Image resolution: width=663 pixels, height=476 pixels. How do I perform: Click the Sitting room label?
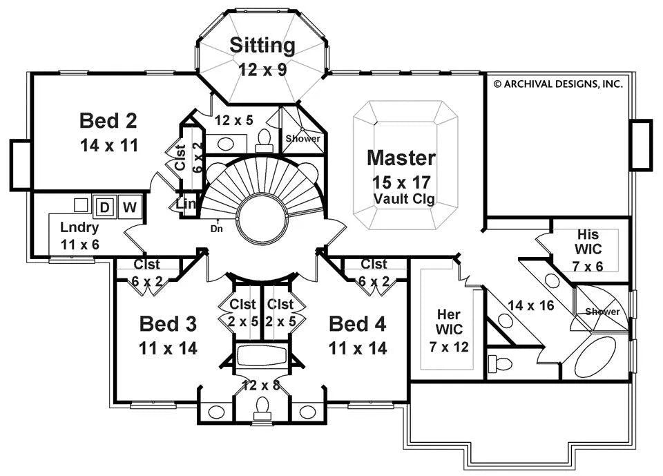[x=262, y=46]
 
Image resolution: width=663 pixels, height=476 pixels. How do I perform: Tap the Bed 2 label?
[x=108, y=121]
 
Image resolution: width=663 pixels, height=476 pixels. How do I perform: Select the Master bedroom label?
[x=401, y=158]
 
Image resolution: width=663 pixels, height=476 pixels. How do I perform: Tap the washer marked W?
[x=129, y=207]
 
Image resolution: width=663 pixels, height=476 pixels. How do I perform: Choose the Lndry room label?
[x=79, y=227]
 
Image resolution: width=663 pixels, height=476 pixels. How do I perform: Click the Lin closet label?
[x=186, y=204]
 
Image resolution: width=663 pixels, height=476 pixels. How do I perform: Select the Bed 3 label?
[x=169, y=323]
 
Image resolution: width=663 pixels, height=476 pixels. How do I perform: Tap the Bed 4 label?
[x=357, y=323]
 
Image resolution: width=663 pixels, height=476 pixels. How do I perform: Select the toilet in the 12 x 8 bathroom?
[x=262, y=409]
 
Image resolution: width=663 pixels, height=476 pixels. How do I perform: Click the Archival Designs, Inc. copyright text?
[x=558, y=84]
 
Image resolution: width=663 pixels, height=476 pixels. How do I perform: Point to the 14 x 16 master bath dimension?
[x=531, y=305]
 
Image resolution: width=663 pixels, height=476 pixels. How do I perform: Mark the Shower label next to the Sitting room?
[x=303, y=138]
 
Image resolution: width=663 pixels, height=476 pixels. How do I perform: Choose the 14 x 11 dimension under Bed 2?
[x=108, y=145]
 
